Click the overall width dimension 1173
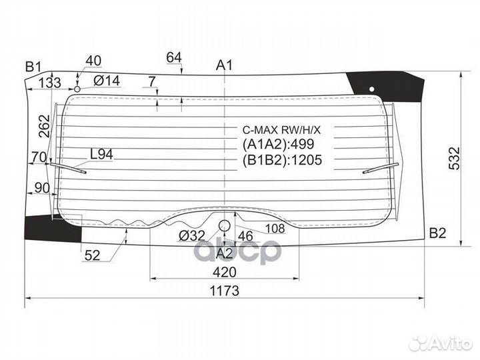pyautogui.click(x=225, y=291)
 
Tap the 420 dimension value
pyautogui.click(x=225, y=272)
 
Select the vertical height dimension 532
pyautogui.click(x=454, y=158)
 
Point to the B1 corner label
pyautogui.click(x=33, y=66)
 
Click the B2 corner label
pyautogui.click(x=437, y=233)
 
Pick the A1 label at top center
pyautogui.click(x=225, y=65)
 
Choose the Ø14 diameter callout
pyautogui.click(x=107, y=81)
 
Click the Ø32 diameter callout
pyautogui.click(x=192, y=236)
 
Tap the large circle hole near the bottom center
pyautogui.click(x=225, y=225)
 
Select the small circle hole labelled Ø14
pyautogui.click(x=77, y=89)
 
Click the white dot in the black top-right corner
pyautogui.click(x=371, y=89)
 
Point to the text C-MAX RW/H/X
pyautogui.click(x=281, y=130)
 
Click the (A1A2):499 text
pyautogui.click(x=278, y=144)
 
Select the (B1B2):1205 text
pyautogui.click(x=282, y=160)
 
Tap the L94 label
pyautogui.click(x=101, y=154)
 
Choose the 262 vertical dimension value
pyautogui.click(x=45, y=126)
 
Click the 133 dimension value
pyautogui.click(x=49, y=83)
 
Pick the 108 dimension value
pyautogui.click(x=275, y=228)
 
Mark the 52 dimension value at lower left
pyautogui.click(x=92, y=255)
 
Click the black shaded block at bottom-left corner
pyautogui.click(x=53, y=227)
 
